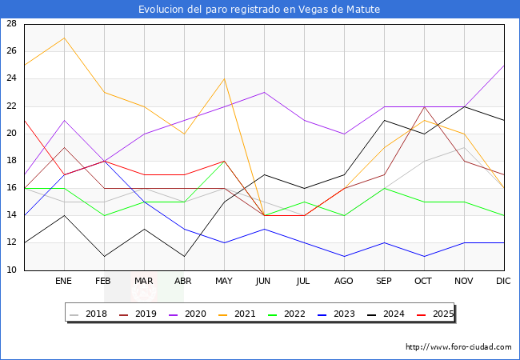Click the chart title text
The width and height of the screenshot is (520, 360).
pos(259,10)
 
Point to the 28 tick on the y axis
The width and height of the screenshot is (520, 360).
pos(12,24)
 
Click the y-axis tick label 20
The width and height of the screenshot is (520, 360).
pos(12,134)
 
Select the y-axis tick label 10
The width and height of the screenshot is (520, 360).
pos(12,270)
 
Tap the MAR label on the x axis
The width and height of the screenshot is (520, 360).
pos(144,282)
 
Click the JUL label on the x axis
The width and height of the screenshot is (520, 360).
pos(304,282)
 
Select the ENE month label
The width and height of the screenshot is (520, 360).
pos(64,282)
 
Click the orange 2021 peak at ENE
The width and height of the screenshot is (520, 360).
pos(64,38)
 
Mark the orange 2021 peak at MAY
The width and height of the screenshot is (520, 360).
pos(224,78)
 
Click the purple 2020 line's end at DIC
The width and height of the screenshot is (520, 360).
pos(504,66)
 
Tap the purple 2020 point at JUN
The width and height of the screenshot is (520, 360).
pos(264,93)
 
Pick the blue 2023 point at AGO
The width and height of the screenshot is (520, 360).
pos(344,257)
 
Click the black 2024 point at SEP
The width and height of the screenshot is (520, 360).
pos(384,120)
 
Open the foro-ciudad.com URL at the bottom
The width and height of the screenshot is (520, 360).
pos(458,347)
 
